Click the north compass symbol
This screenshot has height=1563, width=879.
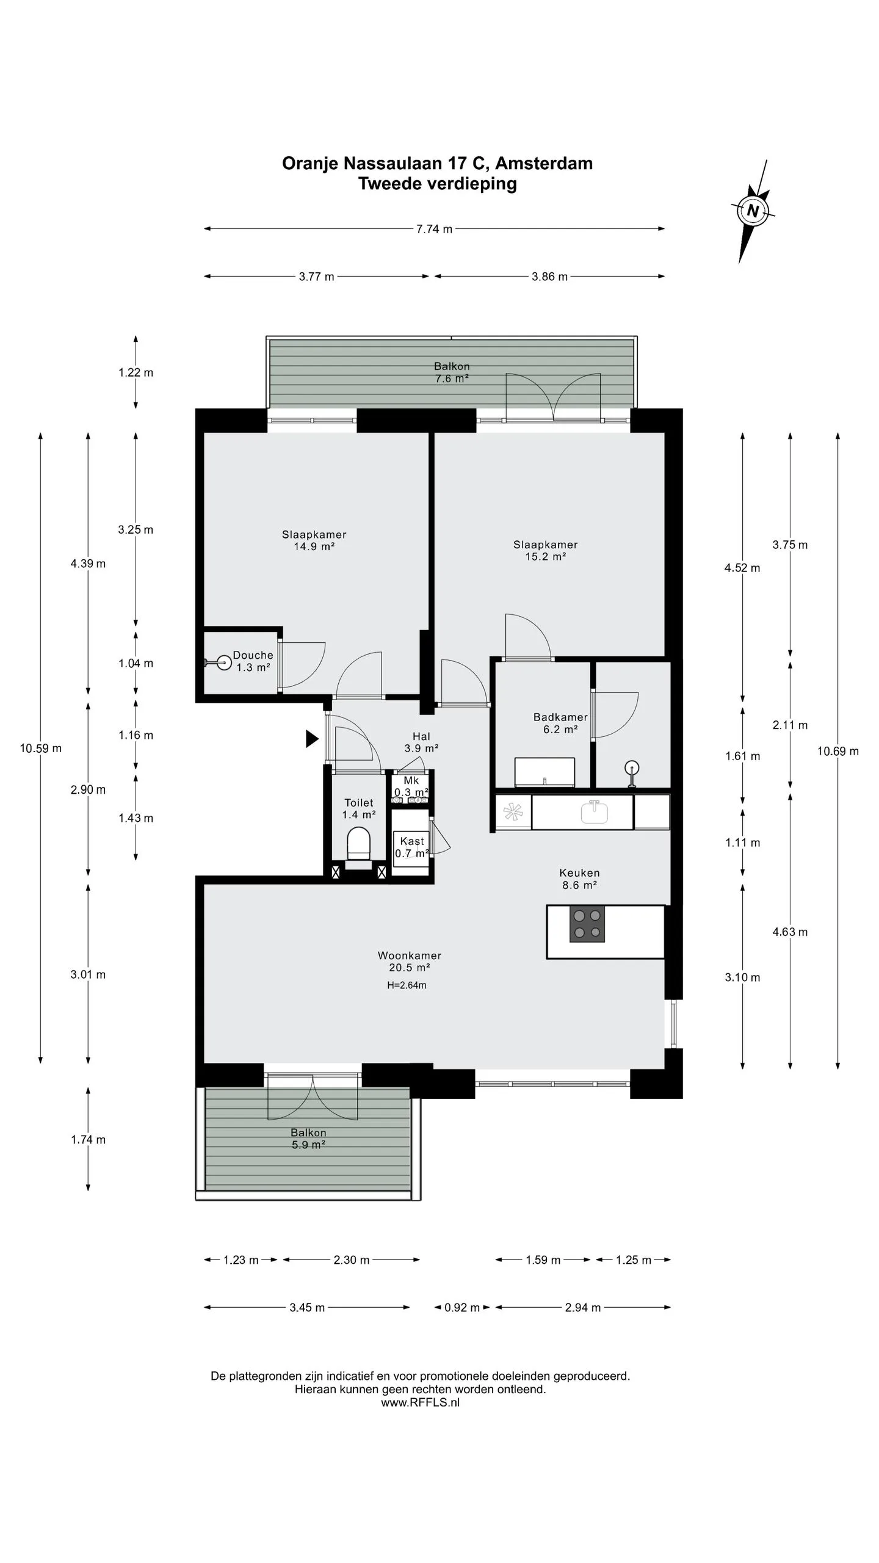tap(753, 211)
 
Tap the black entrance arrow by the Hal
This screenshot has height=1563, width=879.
tap(311, 739)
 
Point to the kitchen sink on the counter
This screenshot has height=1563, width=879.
tap(595, 813)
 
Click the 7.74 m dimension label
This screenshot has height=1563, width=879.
tap(435, 229)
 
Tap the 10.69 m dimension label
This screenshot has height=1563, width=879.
tap(838, 751)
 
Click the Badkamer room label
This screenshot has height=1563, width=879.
tap(560, 723)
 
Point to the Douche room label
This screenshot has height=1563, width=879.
tap(253, 661)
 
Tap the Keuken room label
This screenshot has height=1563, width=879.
tap(580, 879)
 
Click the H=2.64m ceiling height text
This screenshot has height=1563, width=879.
tap(407, 985)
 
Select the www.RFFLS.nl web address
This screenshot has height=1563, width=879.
tap(420, 1402)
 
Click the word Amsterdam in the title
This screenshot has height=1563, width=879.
tap(544, 163)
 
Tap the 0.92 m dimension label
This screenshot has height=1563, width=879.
tap(462, 1307)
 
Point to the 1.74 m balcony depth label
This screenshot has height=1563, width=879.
tap(89, 1139)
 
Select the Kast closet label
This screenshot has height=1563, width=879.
tap(412, 847)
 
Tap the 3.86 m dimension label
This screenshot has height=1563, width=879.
tap(549, 277)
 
